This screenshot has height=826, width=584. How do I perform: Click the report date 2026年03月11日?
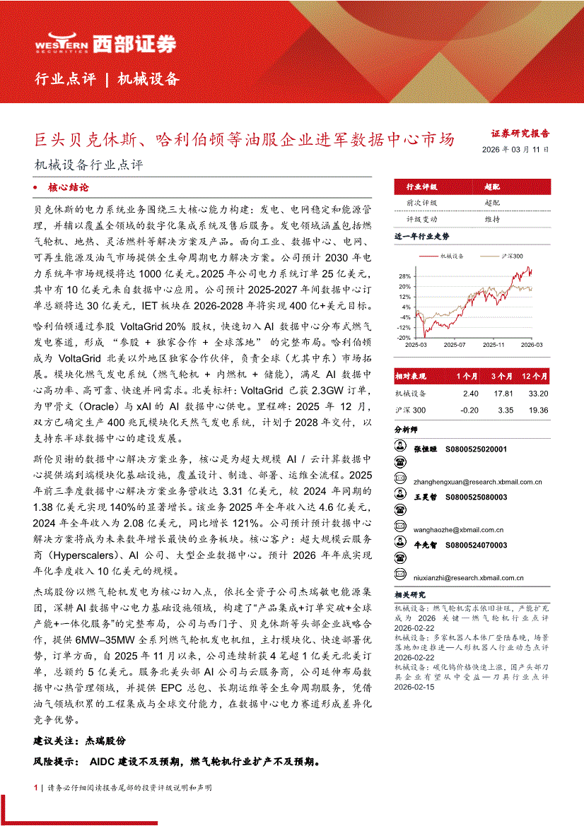[x=515, y=150]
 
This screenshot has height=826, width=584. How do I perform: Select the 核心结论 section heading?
[x=69, y=188]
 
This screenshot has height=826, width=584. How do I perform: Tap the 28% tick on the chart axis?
[x=404, y=276]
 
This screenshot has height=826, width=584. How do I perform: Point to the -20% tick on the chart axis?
[x=403, y=337]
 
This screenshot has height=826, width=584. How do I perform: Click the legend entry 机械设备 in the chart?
[x=452, y=256]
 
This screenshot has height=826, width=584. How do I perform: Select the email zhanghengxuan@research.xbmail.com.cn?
[x=468, y=482]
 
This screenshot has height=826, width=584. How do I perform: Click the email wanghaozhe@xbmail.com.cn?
[x=449, y=529]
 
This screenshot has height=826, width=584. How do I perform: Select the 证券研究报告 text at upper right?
[x=520, y=132]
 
